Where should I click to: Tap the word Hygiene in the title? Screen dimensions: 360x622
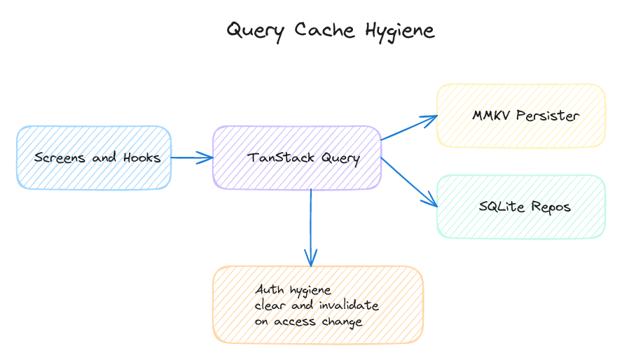click(x=400, y=31)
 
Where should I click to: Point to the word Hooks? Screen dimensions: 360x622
click(x=142, y=158)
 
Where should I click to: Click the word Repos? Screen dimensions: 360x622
click(x=551, y=207)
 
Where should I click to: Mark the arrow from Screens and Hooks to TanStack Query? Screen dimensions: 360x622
click(x=192, y=158)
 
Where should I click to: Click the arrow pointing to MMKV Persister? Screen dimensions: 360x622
click(x=408, y=128)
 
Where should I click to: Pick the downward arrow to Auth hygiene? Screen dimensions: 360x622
click(x=311, y=228)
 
